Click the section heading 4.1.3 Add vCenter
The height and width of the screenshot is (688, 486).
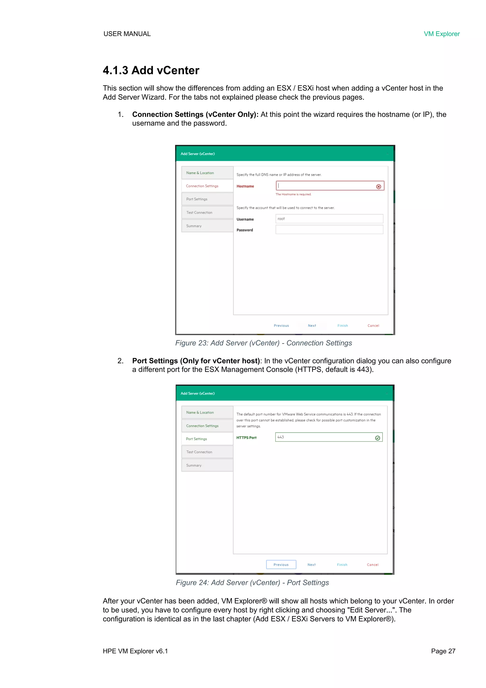[151, 70]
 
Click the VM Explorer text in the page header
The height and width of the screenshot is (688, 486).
[441, 34]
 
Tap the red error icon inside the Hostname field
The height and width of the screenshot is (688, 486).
[379, 186]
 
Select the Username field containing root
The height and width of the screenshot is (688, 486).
[329, 219]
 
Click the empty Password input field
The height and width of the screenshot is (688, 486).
[329, 230]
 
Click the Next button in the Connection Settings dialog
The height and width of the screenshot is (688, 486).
[312, 325]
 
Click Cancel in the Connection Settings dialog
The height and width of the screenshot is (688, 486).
[373, 325]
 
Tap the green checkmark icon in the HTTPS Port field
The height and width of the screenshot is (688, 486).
[378, 438]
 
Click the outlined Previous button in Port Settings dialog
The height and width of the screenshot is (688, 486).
[281, 565]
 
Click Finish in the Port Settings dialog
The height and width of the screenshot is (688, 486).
[342, 565]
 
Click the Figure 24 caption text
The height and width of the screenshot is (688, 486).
[252, 582]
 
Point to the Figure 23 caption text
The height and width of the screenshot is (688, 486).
[263, 343]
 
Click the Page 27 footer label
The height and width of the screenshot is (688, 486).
[443, 651]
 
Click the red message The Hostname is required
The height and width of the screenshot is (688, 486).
[293, 194]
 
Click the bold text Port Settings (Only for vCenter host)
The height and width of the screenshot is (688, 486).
[196, 361]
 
